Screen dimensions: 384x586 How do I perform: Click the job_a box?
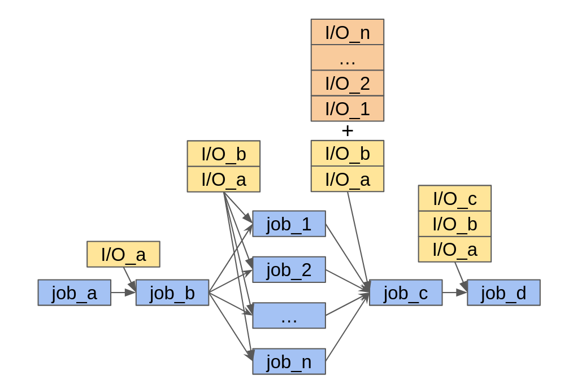[74, 293]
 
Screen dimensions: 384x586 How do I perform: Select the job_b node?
[172, 293]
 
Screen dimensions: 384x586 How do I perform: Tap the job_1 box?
[289, 224]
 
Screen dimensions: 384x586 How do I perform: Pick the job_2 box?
[289, 269]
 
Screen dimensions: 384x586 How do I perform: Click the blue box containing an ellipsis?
[289, 316]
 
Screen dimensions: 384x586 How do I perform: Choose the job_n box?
[289, 361]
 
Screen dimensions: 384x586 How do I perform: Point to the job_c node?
[405, 293]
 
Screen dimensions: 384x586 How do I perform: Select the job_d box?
[503, 293]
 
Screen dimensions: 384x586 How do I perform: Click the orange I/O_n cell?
[347, 32]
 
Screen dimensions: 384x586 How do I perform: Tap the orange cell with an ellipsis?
[347, 58]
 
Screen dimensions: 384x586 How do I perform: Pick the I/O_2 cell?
[347, 83]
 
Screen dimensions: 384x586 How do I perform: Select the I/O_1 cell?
[347, 108]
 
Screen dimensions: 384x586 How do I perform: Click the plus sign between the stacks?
[347, 131]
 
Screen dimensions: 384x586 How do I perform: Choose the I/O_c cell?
[454, 198]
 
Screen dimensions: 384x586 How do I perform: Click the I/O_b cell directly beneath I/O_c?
[454, 224]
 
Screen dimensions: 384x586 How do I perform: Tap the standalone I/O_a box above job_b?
[123, 254]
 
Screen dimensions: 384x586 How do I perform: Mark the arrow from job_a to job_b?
[123, 293]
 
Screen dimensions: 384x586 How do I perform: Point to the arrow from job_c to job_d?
[454, 293]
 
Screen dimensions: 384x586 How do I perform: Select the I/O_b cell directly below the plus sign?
[347, 154]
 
